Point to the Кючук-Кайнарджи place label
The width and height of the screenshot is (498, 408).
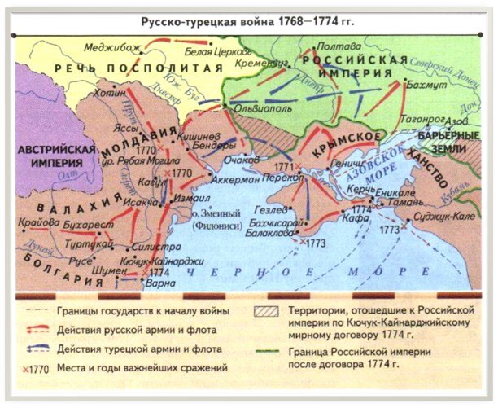159,261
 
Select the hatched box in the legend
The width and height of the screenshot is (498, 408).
263,311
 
